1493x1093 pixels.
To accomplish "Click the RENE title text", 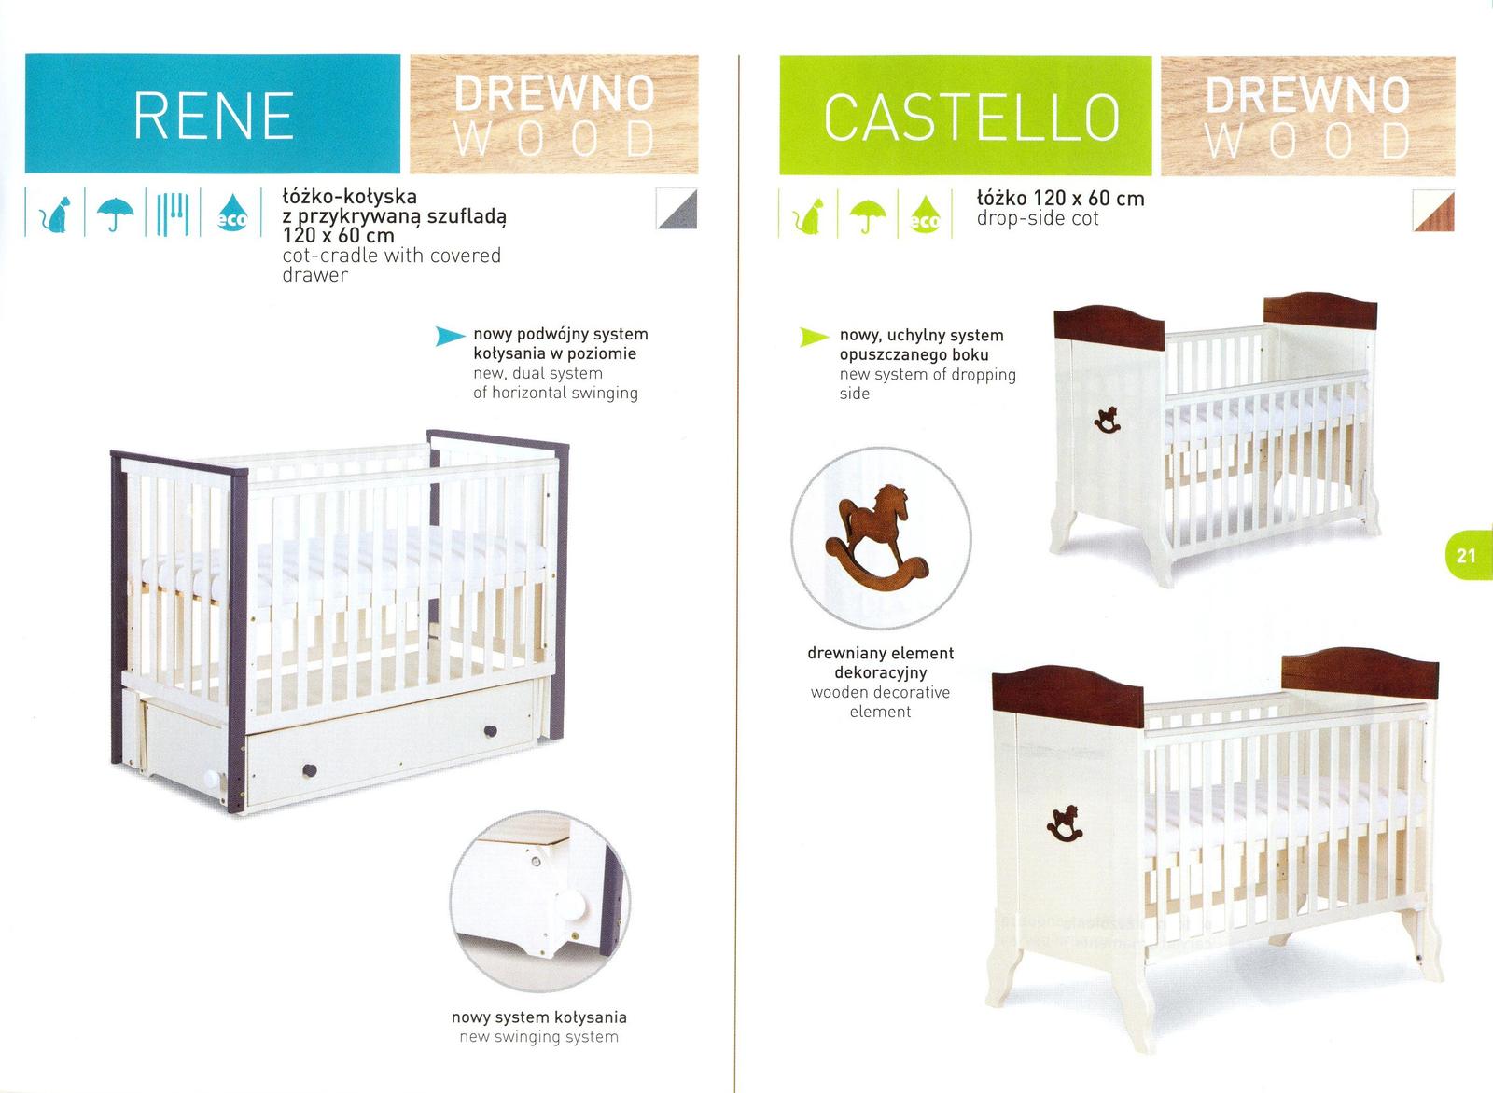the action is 214,117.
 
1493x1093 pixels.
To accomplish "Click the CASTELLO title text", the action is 971,118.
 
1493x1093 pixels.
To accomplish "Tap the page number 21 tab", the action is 1469,556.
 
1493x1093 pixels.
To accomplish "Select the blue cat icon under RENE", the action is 55,214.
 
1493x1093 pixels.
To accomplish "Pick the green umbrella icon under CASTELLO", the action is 868,215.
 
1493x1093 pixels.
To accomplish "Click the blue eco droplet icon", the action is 232,214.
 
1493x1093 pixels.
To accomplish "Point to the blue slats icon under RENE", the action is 173,214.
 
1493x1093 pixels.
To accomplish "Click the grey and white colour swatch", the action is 676,209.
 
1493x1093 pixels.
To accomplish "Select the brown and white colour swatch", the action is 1433,211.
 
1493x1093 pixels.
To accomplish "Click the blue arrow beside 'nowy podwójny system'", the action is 450,337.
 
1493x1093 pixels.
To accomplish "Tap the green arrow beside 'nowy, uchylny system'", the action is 815,337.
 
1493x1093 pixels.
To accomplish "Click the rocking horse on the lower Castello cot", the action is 1065,823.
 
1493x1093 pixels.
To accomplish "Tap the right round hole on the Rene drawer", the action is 490,731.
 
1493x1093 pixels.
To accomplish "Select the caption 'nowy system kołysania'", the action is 539,1017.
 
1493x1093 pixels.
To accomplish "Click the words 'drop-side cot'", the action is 1038,218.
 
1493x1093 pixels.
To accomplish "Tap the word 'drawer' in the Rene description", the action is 314,275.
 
